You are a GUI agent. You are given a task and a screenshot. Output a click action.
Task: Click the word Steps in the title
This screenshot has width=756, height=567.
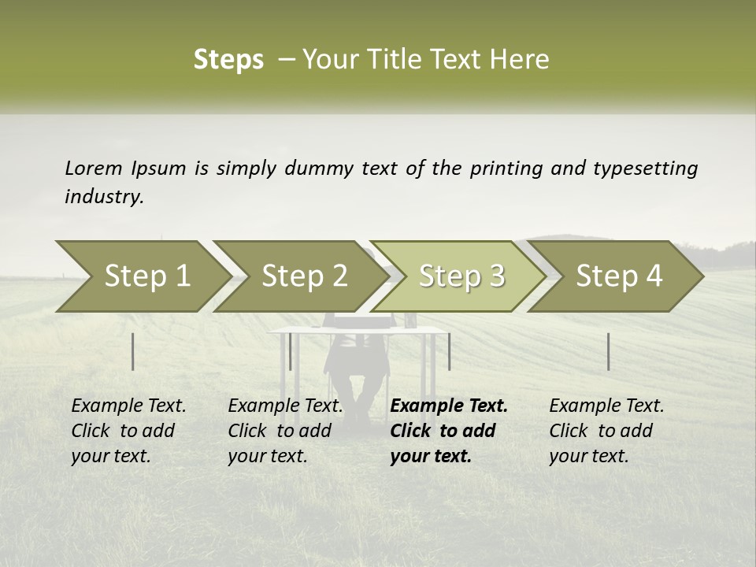[x=228, y=60]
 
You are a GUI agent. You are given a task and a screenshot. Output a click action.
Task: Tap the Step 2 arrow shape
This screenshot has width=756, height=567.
[x=299, y=276]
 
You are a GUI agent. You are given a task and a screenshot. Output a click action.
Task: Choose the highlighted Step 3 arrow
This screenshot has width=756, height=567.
[x=457, y=276]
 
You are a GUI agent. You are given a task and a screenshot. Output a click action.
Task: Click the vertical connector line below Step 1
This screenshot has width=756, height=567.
[x=133, y=351]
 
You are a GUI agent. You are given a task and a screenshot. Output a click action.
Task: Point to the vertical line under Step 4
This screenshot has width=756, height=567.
[x=608, y=351]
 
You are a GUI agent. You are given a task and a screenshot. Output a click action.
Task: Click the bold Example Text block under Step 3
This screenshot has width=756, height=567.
[x=449, y=431]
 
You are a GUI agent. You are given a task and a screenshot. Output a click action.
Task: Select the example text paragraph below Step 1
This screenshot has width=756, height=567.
[x=128, y=431]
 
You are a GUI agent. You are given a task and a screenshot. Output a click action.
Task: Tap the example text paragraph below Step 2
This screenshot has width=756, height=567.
[x=285, y=431]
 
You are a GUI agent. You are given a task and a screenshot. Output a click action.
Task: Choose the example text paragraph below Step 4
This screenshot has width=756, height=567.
[x=606, y=431]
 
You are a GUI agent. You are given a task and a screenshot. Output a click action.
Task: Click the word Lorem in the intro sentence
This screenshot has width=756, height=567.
[x=94, y=169]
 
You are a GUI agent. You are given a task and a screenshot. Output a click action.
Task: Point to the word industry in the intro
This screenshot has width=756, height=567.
[x=104, y=197]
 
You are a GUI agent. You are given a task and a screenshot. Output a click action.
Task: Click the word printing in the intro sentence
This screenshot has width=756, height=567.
[x=505, y=169]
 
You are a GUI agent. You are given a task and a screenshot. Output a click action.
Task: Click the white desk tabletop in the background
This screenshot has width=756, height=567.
[x=354, y=331]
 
